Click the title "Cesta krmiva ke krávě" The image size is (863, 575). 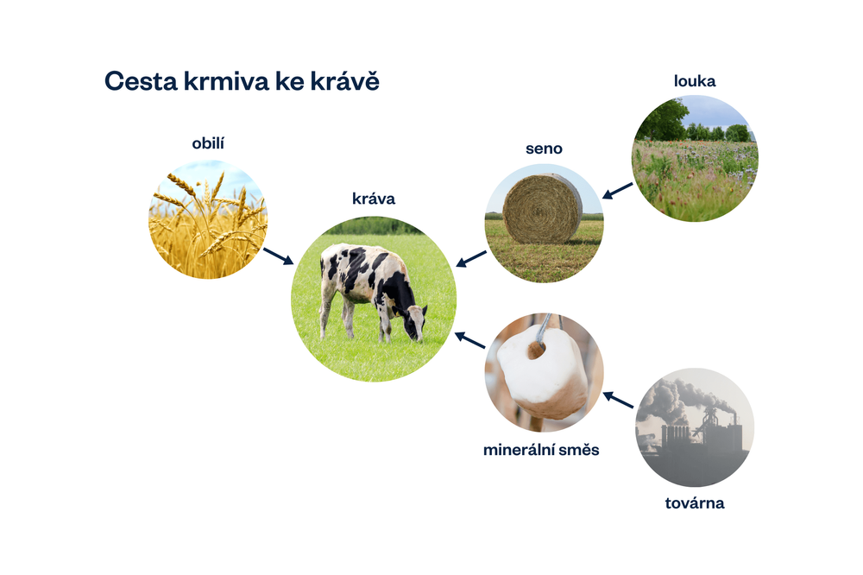[242, 82]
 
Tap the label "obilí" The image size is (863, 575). [208, 142]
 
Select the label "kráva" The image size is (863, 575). [374, 199]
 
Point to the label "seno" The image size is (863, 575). [544, 148]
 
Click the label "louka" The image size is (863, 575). [695, 81]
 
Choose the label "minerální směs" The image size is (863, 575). [540, 450]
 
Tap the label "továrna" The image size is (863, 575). [695, 502]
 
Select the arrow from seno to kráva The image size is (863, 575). [470, 258]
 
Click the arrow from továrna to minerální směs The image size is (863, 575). [619, 399]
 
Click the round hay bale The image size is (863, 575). [542, 208]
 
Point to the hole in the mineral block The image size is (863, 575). [537, 351]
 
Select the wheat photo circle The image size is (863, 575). [208, 219]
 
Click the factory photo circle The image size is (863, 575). [695, 427]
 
